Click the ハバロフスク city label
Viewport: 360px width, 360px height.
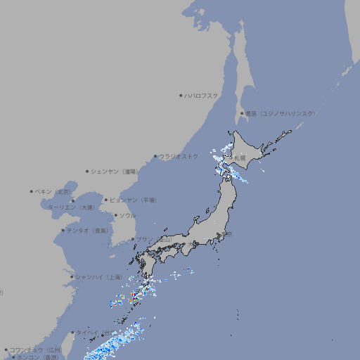[202, 95]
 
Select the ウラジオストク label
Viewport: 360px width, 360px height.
[179, 156]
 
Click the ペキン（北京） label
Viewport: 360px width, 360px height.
[53, 191]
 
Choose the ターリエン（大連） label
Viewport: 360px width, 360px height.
[71, 208]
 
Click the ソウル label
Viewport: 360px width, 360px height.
[127, 216]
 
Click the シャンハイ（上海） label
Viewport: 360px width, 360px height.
[98, 277]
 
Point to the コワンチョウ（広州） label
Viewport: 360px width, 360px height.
[36, 349]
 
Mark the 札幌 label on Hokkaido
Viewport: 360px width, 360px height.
[240, 158]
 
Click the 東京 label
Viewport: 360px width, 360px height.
[226, 235]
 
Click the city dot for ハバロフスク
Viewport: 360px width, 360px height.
[181, 95]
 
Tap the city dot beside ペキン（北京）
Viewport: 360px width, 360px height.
[32, 191]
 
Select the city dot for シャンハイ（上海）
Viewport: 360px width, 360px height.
[72, 277]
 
